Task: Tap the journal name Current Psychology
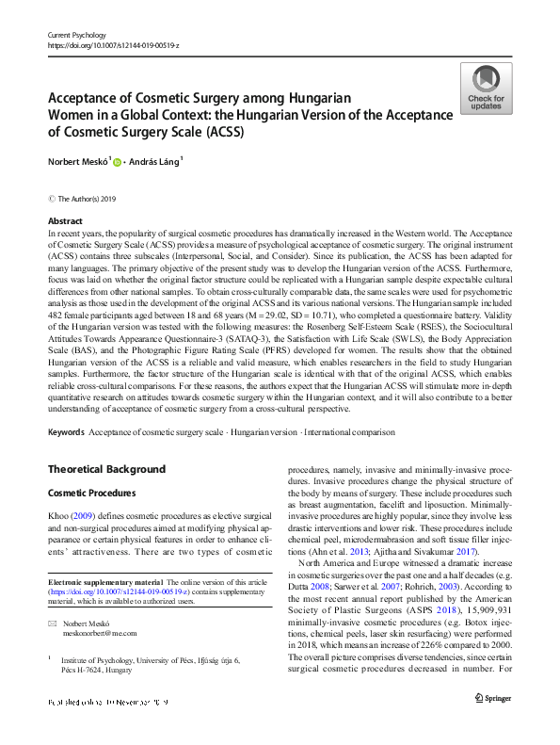point(77,35)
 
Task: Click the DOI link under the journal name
point(114,45)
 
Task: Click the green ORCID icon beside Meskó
point(116,163)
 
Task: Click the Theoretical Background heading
point(106,469)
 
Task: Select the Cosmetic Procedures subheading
point(93,494)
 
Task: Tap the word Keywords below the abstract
point(66,432)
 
